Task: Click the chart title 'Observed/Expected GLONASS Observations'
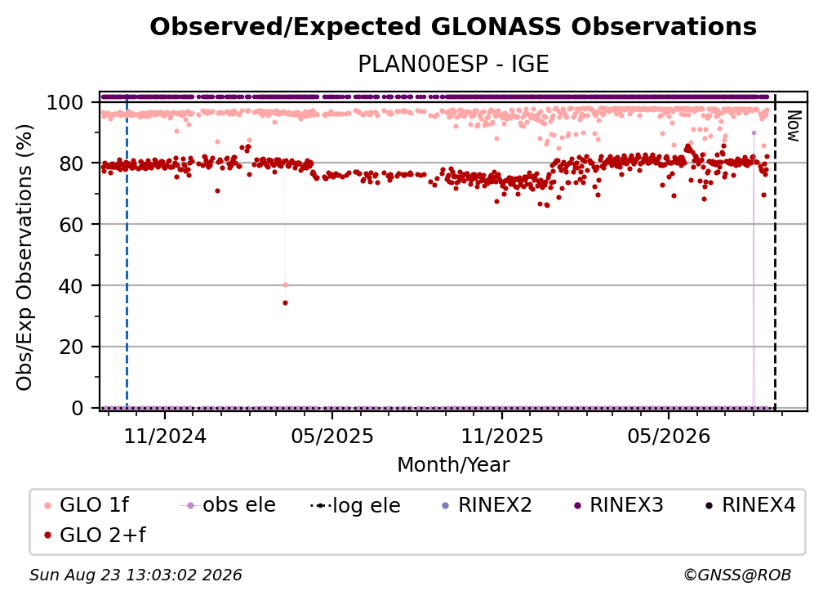[453, 27]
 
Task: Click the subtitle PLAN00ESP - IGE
[453, 64]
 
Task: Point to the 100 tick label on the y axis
[65, 102]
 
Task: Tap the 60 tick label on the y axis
[71, 225]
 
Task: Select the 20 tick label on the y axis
[71, 347]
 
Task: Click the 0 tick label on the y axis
[78, 408]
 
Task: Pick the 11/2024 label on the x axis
[165, 436]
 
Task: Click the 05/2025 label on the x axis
[332, 436]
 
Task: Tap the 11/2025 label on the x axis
[502, 436]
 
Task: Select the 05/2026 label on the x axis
[669, 436]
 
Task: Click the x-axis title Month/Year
[453, 465]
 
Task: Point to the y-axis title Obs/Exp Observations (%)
[24, 257]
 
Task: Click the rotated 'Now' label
[794, 126]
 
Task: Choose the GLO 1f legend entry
[87, 505]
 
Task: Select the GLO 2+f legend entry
[95, 535]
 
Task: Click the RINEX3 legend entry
[619, 505]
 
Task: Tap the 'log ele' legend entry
[355, 506]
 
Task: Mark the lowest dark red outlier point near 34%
[285, 302]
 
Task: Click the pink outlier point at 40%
[285, 284]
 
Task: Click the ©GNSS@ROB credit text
[737, 575]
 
